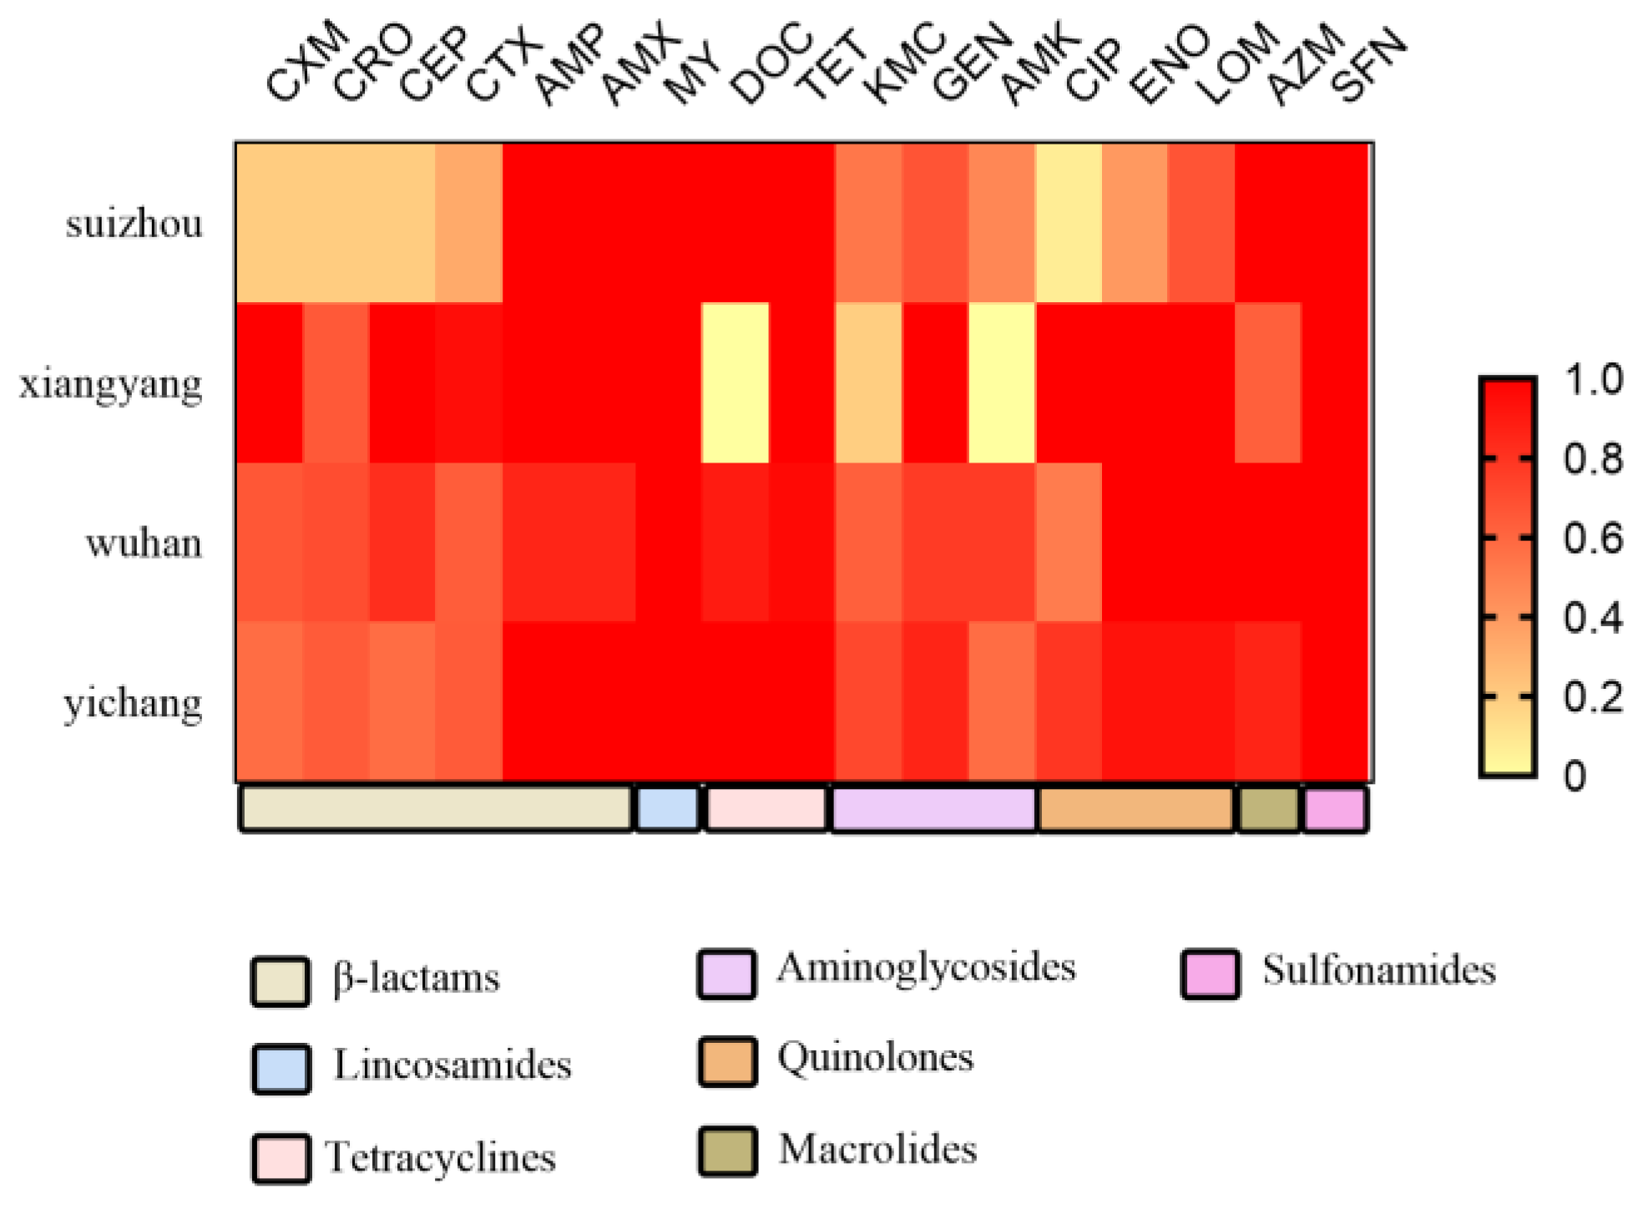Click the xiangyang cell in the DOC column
tap(735, 382)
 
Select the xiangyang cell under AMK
tap(1002, 382)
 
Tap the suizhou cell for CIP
tap(1069, 222)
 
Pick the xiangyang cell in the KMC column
tap(868, 382)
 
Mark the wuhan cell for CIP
tap(1069, 542)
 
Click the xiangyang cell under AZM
tap(1267, 382)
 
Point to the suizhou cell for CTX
tap(468, 222)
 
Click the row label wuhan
tap(144, 544)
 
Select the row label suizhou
tap(134, 224)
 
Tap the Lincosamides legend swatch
tap(281, 1068)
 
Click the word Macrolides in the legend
tap(877, 1150)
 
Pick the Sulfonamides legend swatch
tap(1210, 974)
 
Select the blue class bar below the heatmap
tap(667, 808)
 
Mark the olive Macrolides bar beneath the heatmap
tap(1268, 808)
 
